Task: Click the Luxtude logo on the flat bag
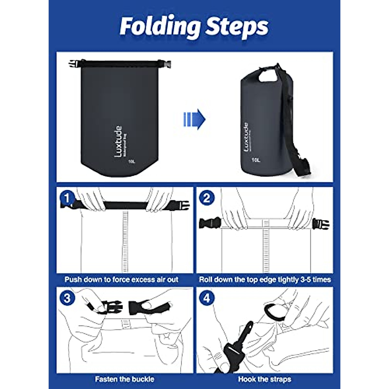(x=118, y=142)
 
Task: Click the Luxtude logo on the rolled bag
(x=246, y=139)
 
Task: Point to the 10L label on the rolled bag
(x=256, y=160)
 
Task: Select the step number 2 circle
(x=207, y=198)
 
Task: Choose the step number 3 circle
(x=67, y=298)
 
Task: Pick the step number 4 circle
(x=207, y=298)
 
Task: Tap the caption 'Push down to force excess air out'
(x=122, y=279)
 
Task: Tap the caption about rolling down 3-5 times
(x=265, y=279)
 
